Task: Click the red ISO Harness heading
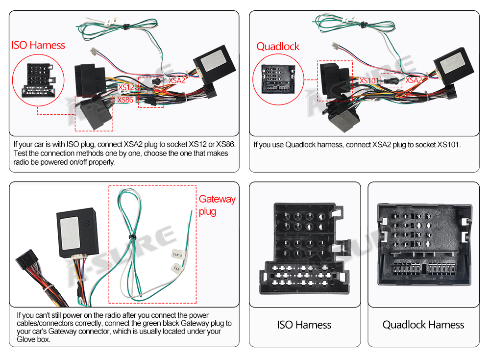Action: [38, 46]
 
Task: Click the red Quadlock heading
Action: [278, 47]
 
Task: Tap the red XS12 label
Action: [126, 88]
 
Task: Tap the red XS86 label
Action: [125, 100]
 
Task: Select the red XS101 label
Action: [369, 80]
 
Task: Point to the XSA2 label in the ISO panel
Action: [177, 80]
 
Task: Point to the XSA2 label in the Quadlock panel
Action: [414, 80]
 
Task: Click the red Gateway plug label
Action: [217, 206]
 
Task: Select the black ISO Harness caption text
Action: [304, 325]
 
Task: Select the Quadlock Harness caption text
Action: [423, 325]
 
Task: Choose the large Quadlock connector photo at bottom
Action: [423, 245]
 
